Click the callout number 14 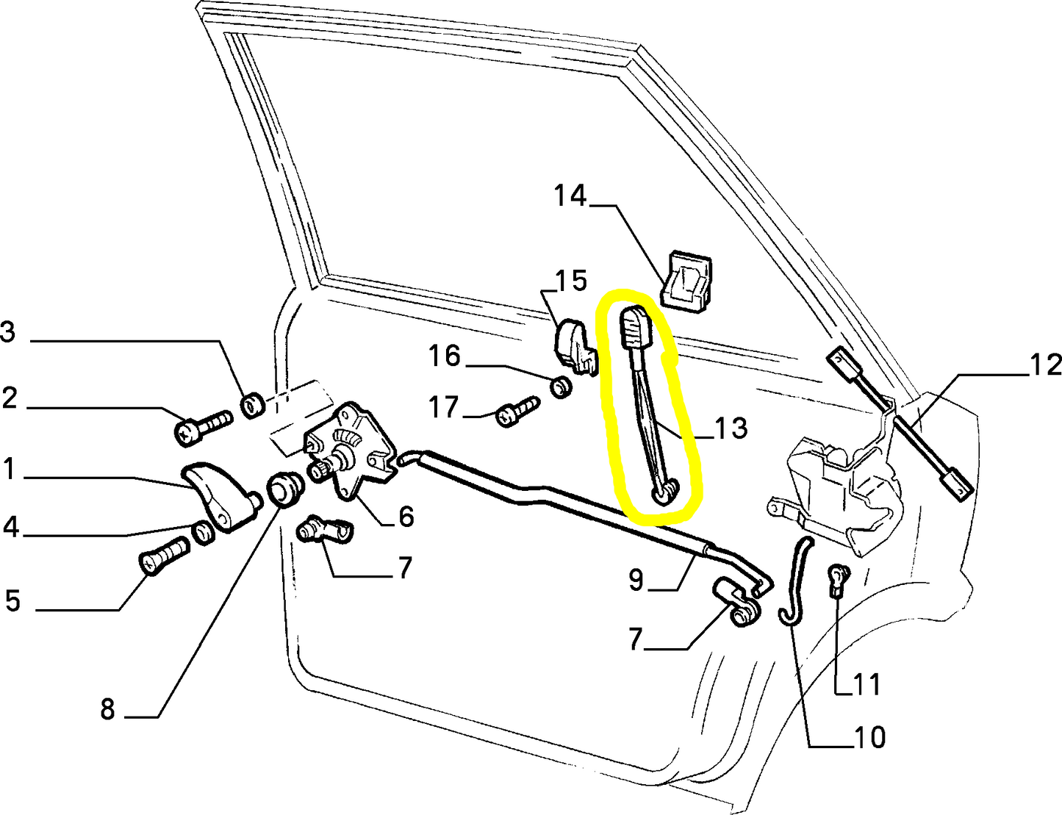[570, 196]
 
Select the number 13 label [730, 428]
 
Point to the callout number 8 [107, 709]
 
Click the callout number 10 [869, 736]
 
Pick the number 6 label [406, 517]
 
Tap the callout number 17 [443, 406]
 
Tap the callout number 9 [636, 581]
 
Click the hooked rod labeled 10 [795, 581]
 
